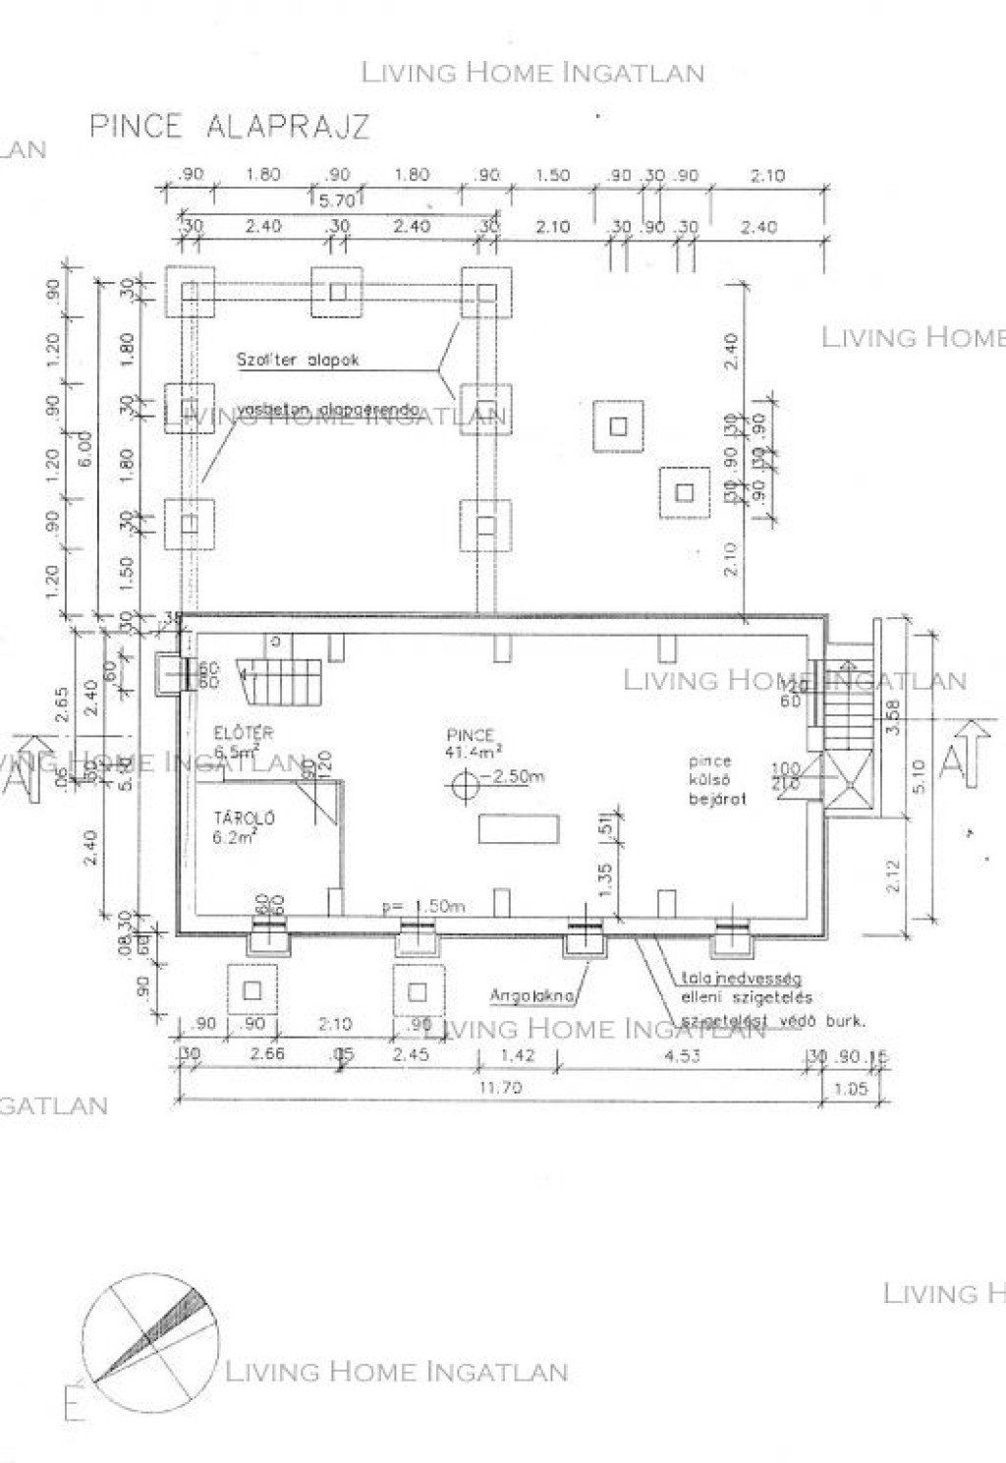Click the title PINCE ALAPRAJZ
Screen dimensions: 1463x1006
point(229,127)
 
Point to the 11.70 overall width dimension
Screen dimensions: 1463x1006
point(500,1088)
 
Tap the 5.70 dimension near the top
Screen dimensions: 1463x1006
point(337,200)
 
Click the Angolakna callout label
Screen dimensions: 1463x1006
point(531,996)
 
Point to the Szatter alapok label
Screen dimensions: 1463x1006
point(297,361)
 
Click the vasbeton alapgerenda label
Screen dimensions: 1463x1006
point(327,409)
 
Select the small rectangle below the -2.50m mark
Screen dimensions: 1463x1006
point(519,829)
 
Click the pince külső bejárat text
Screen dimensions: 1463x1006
point(716,780)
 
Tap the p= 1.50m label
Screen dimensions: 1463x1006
point(423,906)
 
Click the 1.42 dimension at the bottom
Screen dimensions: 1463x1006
point(517,1056)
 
